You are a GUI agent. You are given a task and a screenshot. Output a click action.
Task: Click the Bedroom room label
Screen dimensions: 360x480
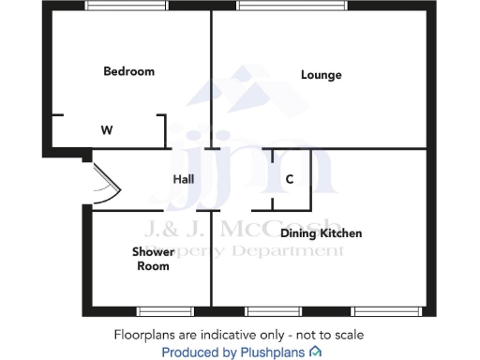click(x=128, y=71)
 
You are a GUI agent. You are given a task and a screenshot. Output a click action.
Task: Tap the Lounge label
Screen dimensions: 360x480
click(x=321, y=75)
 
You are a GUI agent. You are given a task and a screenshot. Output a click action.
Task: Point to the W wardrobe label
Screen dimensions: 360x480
click(x=107, y=130)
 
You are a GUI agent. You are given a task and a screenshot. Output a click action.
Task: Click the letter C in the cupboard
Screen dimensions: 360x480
click(x=290, y=179)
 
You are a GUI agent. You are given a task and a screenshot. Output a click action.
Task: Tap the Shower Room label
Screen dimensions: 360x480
click(x=151, y=259)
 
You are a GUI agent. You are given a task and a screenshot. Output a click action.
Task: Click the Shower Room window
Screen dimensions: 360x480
click(x=165, y=309)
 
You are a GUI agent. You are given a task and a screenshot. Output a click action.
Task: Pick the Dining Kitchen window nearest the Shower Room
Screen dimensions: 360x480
click(x=274, y=309)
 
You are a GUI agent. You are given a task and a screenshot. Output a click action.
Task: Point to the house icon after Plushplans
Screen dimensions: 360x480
click(x=315, y=352)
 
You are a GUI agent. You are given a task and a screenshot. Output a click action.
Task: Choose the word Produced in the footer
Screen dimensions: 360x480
click(x=191, y=352)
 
